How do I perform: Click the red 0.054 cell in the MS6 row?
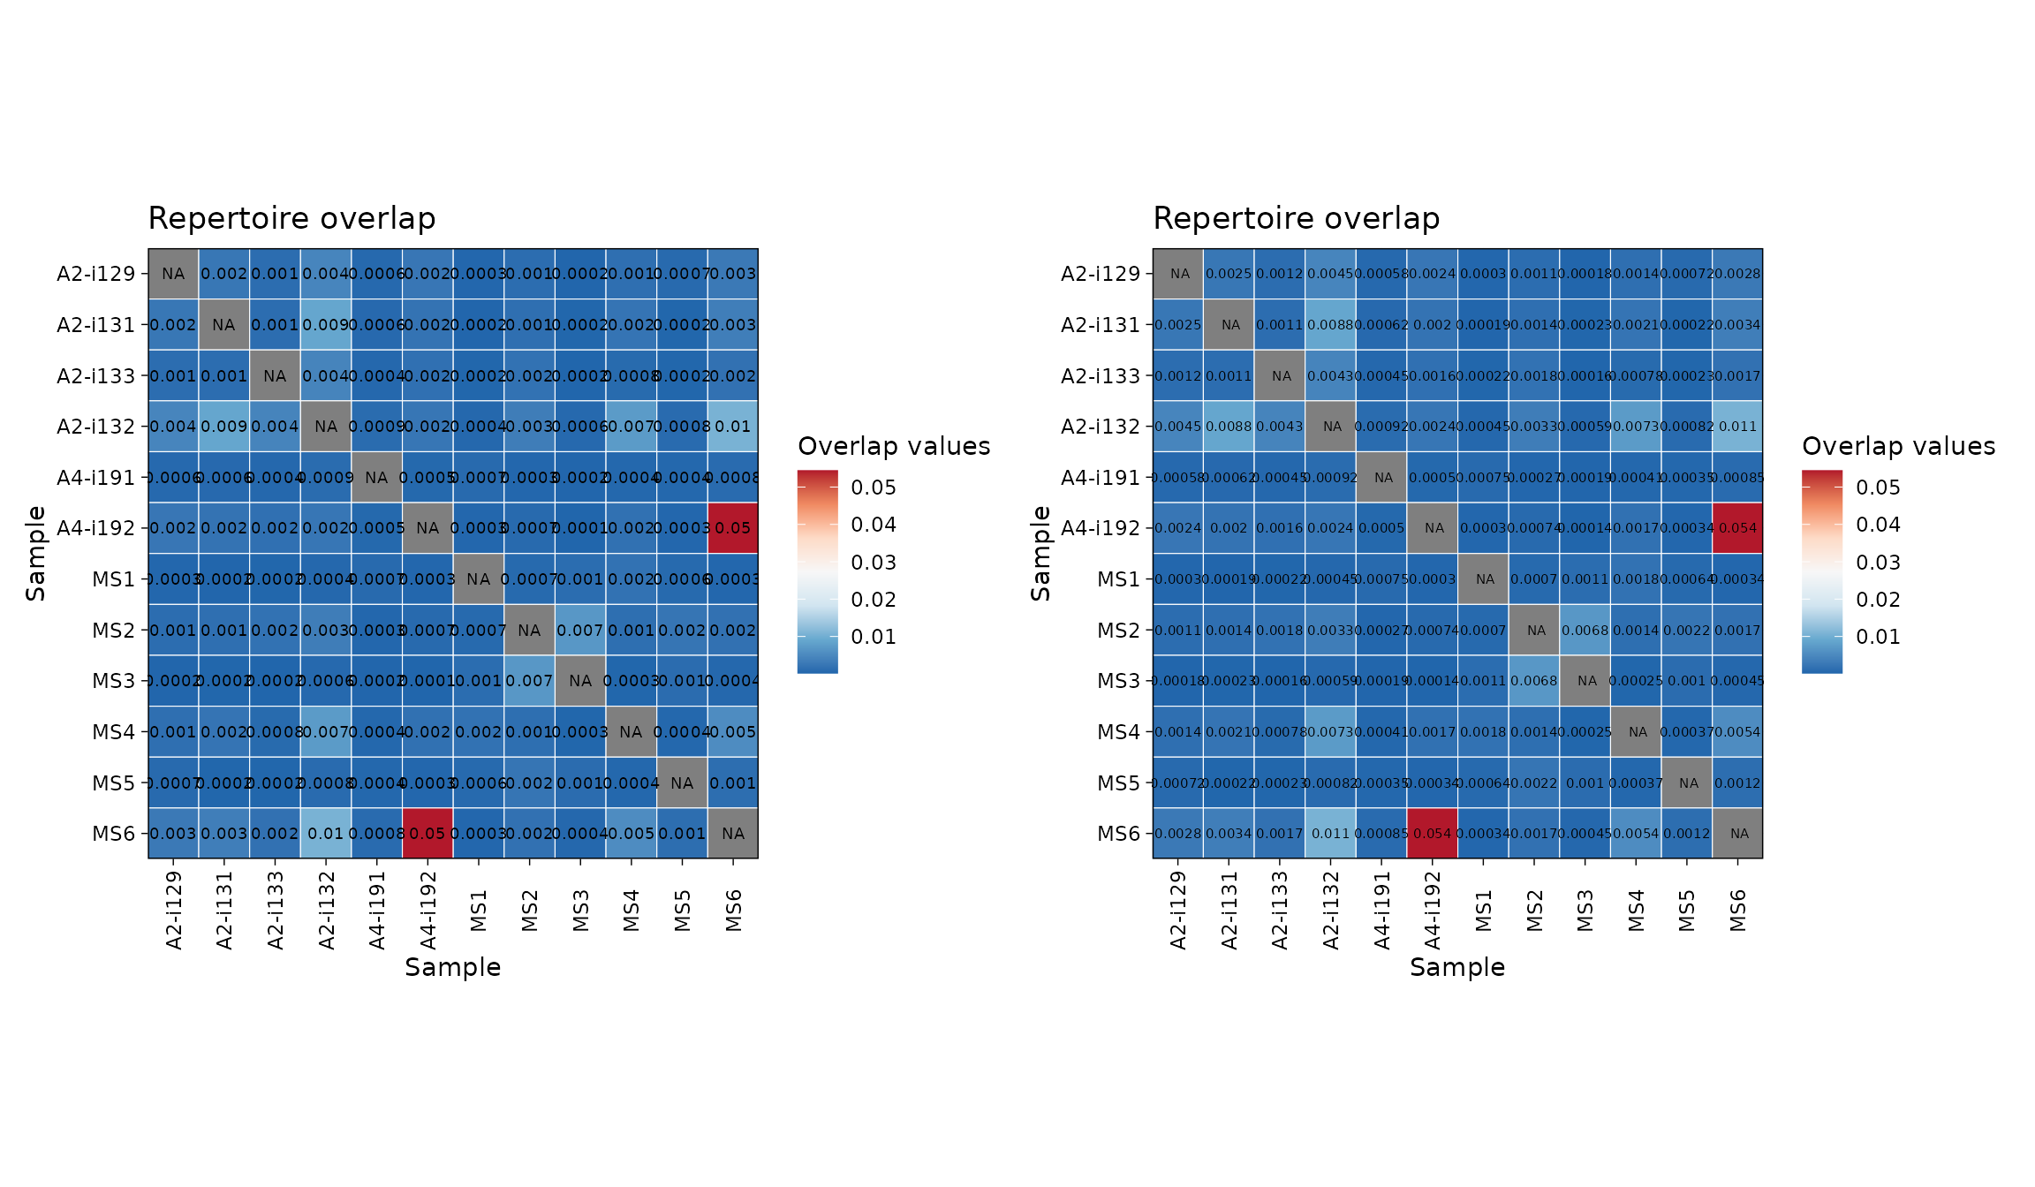1434,833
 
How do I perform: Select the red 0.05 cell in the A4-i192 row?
732,528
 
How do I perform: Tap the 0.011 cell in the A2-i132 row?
1737,427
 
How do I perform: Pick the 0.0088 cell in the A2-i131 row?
1332,325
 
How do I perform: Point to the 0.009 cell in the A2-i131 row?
326,325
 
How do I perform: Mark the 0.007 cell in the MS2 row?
579,631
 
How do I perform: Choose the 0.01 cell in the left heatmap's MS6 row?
326,833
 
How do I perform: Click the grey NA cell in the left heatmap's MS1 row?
478,579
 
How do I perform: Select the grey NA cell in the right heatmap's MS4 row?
1638,732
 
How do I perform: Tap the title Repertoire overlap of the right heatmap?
1296,218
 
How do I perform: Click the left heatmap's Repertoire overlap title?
291,218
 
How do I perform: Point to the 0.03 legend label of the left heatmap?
874,563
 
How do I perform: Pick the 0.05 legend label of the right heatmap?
1878,488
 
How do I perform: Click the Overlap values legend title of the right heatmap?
1898,446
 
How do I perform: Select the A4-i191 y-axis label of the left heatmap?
96,478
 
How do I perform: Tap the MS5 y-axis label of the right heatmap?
1118,783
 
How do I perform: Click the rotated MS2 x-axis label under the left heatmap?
529,911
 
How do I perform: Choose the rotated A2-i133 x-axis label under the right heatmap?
1280,911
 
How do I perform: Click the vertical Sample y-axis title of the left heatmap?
35,554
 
